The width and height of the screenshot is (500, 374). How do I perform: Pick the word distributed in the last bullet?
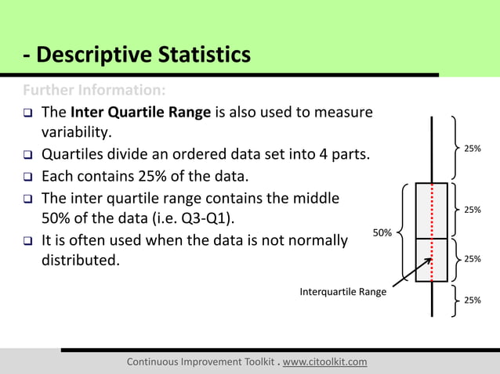point(81,259)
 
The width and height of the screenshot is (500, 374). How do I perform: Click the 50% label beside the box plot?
point(382,232)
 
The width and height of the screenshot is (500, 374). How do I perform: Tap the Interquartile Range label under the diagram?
point(342,292)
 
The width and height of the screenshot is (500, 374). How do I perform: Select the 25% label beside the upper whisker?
point(473,148)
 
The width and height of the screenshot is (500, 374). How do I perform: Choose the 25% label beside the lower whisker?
point(473,300)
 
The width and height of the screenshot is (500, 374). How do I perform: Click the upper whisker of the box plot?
point(432,149)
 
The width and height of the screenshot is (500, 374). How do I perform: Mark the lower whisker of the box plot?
point(432,299)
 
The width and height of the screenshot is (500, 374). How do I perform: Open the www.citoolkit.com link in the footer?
point(324,361)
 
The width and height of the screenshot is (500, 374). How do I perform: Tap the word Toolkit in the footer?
point(251,361)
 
